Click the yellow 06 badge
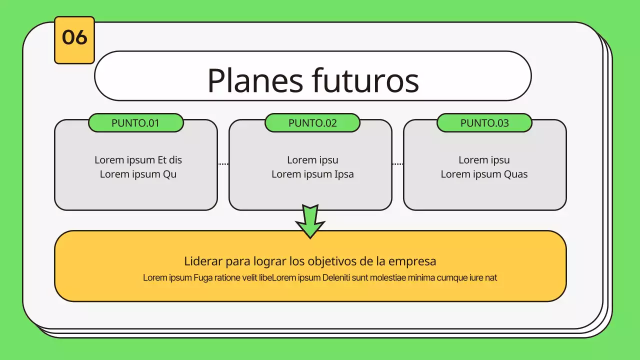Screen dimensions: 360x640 click(x=74, y=40)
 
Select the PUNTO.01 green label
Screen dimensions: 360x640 click(x=135, y=123)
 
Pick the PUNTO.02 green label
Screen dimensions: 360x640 click(x=312, y=123)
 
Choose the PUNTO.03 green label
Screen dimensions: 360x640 click(x=484, y=123)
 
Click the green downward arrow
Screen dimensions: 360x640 click(x=310, y=220)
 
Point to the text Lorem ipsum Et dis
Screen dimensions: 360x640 click(x=138, y=160)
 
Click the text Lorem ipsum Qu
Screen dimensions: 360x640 click(x=138, y=174)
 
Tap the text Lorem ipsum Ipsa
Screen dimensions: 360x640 click(x=312, y=174)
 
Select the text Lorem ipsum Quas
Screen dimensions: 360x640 click(x=484, y=174)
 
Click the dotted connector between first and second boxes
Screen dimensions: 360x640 click(x=223, y=164)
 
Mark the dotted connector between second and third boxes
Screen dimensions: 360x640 click(x=397, y=164)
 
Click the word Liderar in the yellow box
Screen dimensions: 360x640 click(x=203, y=261)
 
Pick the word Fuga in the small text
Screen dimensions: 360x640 click(x=203, y=278)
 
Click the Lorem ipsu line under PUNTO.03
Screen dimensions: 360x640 click(x=484, y=160)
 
